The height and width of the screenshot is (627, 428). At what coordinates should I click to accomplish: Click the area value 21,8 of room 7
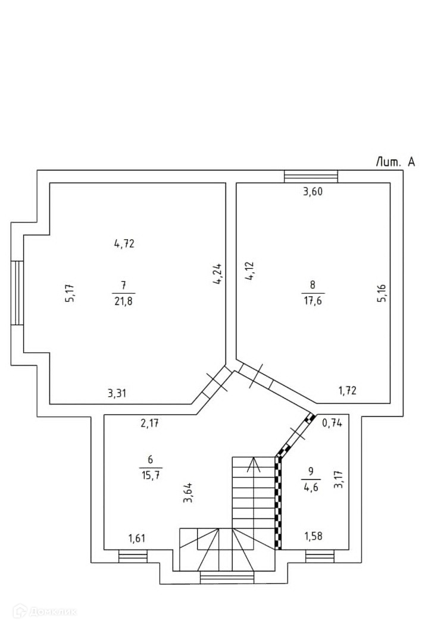[124, 301]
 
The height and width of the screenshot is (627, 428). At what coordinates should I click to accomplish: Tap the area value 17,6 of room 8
[313, 300]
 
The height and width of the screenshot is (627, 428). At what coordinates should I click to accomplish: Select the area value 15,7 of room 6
[151, 475]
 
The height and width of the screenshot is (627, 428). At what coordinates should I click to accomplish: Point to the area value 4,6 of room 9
[311, 487]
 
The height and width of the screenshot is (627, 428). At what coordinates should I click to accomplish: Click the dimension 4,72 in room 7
[124, 243]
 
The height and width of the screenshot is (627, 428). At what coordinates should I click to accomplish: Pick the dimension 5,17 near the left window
[70, 293]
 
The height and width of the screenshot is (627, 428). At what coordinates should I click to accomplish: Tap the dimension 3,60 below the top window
[313, 192]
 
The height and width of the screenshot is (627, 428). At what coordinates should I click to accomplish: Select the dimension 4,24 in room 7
[218, 274]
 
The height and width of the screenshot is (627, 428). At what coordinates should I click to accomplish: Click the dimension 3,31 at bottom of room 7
[117, 393]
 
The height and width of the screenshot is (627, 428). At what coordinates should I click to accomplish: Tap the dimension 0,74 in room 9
[332, 423]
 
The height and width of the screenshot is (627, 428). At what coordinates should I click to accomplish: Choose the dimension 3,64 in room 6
[188, 493]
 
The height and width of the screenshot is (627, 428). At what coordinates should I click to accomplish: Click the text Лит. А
[395, 162]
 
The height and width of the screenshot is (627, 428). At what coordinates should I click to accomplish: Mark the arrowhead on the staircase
[253, 464]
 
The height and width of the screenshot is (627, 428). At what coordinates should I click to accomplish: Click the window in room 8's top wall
[311, 176]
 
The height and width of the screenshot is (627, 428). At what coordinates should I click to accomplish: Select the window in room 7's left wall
[17, 293]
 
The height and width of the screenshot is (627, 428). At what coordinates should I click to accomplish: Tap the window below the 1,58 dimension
[320, 556]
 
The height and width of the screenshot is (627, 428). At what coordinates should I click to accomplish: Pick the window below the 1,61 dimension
[133, 556]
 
